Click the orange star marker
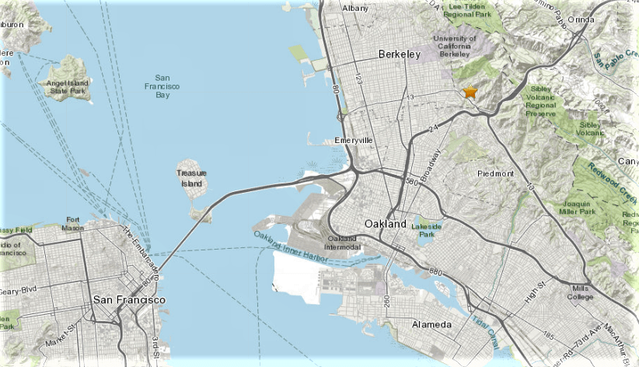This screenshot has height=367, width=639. coord(470,92)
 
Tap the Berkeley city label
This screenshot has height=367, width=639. coord(399,54)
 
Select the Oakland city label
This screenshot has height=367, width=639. coord(386,224)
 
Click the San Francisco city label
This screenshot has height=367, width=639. coord(129,299)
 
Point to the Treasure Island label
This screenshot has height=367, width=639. coord(190,177)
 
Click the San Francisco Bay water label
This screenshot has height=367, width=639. coord(162,86)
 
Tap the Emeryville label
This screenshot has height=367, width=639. coord(354,140)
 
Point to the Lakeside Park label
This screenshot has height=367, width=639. coord(431,230)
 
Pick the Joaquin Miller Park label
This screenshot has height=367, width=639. coord(578,207)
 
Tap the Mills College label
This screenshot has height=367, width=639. coord(602,292)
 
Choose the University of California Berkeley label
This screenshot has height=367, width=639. coord(456,46)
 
